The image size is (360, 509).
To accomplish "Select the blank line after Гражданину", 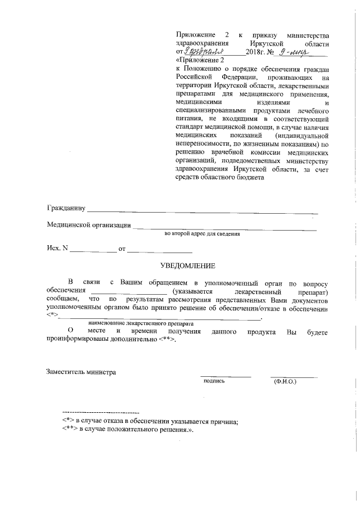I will pyautogui.click(x=202, y=213).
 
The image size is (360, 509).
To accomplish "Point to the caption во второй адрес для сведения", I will pyautogui.click(x=202, y=233).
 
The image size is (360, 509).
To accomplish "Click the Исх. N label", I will pyautogui.click(x=56, y=248).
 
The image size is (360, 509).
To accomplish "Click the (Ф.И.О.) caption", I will pyautogui.click(x=285, y=381).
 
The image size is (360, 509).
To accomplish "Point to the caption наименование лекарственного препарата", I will pyautogui.click(x=141, y=325).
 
